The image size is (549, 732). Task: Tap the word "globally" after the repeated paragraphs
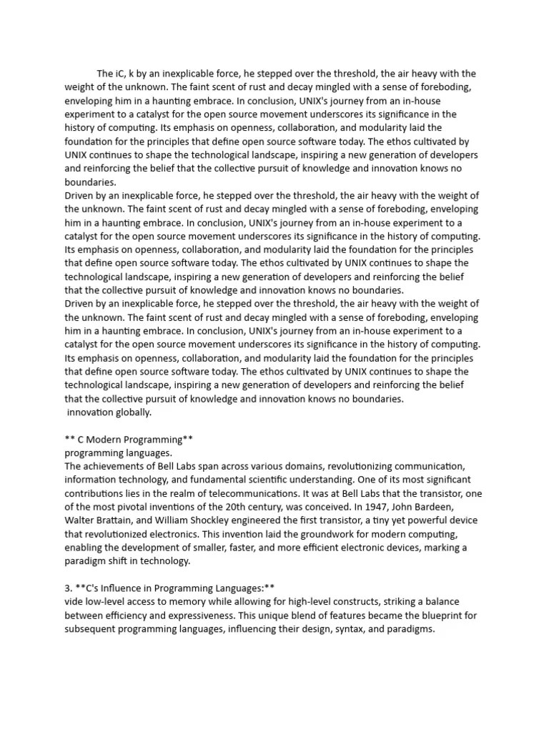[x=133, y=412]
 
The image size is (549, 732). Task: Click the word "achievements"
[x=113, y=466]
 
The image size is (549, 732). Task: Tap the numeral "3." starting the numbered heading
[x=69, y=588]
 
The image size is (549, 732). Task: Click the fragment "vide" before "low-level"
[x=74, y=602]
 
